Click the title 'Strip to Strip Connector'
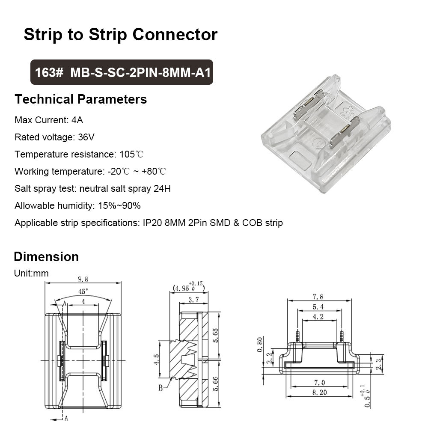tap(120, 34)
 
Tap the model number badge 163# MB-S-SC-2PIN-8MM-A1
tap(121, 72)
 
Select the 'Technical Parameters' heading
tap(80, 99)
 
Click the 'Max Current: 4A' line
tap(49, 120)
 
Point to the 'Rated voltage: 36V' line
tap(54, 137)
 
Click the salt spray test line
tap(92, 188)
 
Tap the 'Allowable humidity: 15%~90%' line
tap(77, 205)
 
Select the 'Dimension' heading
tap(46, 257)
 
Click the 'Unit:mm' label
tap(31, 273)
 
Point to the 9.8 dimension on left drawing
tap(83, 279)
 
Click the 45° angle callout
tap(83, 291)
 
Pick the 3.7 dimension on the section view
tap(193, 300)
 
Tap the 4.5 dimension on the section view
tap(157, 357)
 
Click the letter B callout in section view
tap(160, 388)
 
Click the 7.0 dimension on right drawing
tap(320, 382)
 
